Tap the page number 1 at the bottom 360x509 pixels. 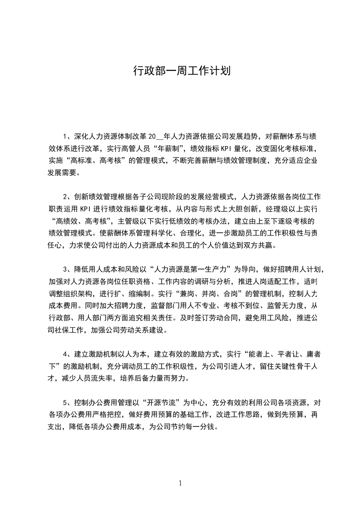click(180, 483)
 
